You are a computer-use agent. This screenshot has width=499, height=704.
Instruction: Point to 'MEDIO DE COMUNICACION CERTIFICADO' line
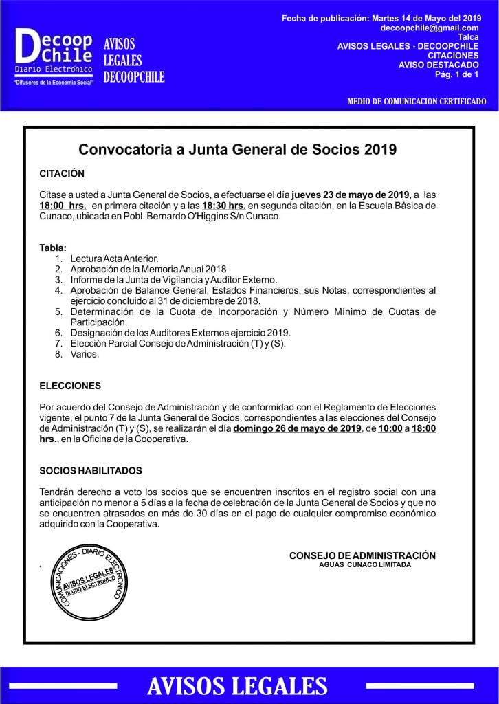417,102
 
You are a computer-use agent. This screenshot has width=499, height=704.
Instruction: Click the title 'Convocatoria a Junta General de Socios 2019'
238,148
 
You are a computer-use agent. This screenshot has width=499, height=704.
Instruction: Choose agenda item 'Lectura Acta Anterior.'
114,258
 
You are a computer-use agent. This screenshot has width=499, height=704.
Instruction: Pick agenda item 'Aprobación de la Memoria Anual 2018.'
149,269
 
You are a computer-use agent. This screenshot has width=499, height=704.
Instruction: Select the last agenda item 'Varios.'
85,354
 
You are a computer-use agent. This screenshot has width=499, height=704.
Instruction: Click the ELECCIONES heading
70,386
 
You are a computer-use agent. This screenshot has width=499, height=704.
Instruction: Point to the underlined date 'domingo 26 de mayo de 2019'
296,429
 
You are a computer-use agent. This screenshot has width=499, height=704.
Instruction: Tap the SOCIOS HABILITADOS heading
91,471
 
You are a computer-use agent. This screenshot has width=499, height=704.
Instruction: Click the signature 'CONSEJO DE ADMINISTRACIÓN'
362,555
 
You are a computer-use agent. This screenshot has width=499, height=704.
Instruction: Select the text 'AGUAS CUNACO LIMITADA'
365,564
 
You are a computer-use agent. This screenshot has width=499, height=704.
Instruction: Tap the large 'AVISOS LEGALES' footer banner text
237,686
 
